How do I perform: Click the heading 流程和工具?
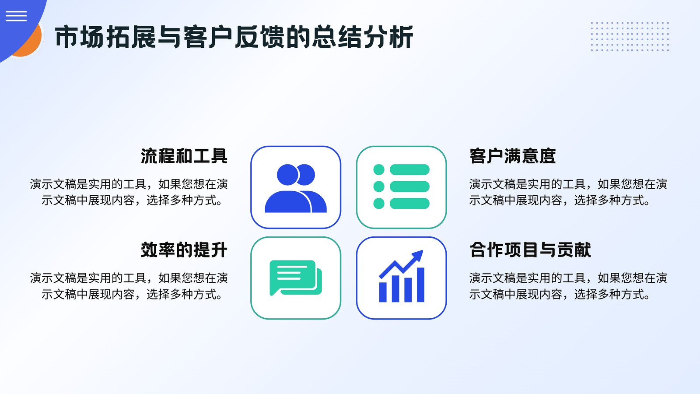coord(184,156)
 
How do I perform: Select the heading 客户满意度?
coord(512,156)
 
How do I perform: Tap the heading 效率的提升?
coord(184,250)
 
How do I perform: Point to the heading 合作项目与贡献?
coord(530,250)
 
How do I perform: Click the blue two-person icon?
coord(296,188)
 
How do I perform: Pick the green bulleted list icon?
coord(401,186)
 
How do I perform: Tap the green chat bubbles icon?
coord(296,278)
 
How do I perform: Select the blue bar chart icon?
coord(401,276)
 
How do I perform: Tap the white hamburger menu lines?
coord(16,16)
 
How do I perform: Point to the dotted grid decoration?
coord(630,36)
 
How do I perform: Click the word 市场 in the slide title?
coord(79,37)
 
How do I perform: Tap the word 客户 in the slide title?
coord(208,37)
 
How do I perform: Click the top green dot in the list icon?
coord(379,169)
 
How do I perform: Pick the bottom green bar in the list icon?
coord(409,203)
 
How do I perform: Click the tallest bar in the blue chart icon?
coord(420,285)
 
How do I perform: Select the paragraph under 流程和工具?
coord(129,192)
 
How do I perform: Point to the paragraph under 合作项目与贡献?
coord(568,286)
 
